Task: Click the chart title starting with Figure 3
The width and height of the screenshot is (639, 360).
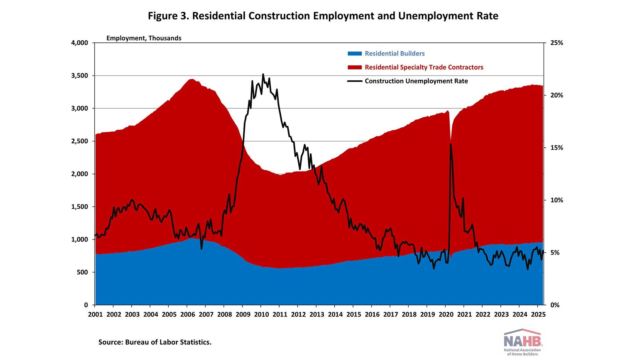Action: pyautogui.click(x=323, y=16)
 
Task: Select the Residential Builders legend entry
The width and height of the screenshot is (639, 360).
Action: pyautogui.click(x=394, y=53)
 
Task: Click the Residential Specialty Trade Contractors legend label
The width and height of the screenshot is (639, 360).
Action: pyautogui.click(x=424, y=67)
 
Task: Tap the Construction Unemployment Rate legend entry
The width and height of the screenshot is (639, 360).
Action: pyautogui.click(x=416, y=81)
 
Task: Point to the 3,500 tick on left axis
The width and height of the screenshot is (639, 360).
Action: pyautogui.click(x=79, y=76)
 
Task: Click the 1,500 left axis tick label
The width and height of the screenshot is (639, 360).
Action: pyautogui.click(x=79, y=207)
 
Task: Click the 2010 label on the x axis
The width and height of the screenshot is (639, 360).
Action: pyautogui.click(x=261, y=315)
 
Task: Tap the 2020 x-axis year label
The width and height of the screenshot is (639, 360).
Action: pyautogui.click(x=446, y=315)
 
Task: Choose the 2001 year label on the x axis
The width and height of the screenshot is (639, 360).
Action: pyautogui.click(x=95, y=315)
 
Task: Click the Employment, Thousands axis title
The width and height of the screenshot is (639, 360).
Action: pyautogui.click(x=144, y=38)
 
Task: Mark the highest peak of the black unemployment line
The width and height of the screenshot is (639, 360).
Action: pyautogui.click(x=263, y=74)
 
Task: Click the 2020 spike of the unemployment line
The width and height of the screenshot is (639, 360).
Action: pyautogui.click(x=450, y=144)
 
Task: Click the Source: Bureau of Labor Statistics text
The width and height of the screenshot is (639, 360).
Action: pyautogui.click(x=155, y=342)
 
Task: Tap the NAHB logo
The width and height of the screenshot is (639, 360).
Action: pyautogui.click(x=522, y=342)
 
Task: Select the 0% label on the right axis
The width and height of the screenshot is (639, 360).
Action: pyautogui.click(x=555, y=305)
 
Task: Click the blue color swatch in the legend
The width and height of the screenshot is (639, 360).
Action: pyautogui.click(x=355, y=53)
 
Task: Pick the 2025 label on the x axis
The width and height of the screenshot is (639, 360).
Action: pyautogui.click(x=538, y=315)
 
